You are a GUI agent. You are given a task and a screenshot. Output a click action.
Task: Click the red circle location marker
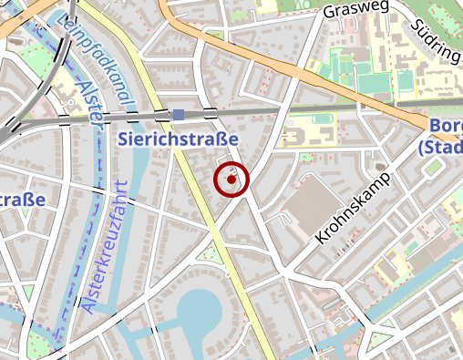click(231, 180)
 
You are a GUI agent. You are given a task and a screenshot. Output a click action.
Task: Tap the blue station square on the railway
click(178, 114)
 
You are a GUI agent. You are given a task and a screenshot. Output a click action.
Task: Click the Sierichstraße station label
click(178, 139)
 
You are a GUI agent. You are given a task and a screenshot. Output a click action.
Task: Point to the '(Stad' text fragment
click(441, 146)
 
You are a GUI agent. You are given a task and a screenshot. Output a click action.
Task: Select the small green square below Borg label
click(431, 168)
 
